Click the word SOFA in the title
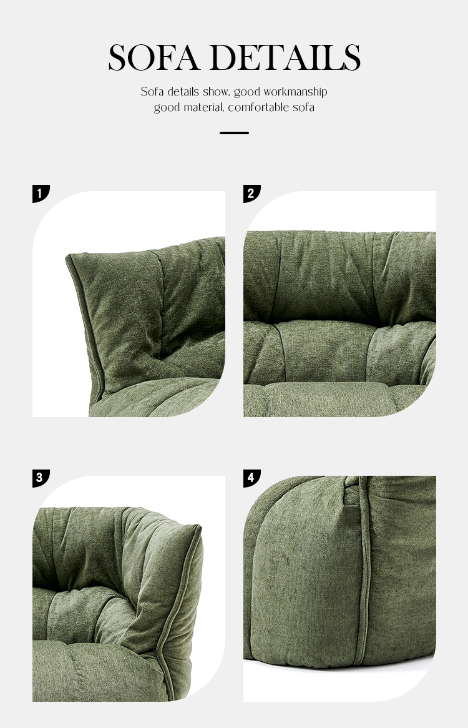pyautogui.click(x=154, y=57)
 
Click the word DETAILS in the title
pyautogui.click(x=285, y=57)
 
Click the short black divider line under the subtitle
pyautogui.click(x=234, y=133)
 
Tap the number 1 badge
pyautogui.click(x=41, y=194)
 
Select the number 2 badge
pyautogui.click(x=252, y=194)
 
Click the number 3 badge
pyautogui.click(x=41, y=478)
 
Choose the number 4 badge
pyautogui.click(x=252, y=478)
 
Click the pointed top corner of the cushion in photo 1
pyautogui.click(x=68, y=256)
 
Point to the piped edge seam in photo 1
pyautogui.click(x=85, y=325)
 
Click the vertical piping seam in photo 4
pyautogui.click(x=364, y=566)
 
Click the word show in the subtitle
pyautogui.click(x=216, y=92)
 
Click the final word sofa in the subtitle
pyautogui.click(x=303, y=108)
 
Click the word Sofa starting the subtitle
pyautogui.click(x=152, y=92)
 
